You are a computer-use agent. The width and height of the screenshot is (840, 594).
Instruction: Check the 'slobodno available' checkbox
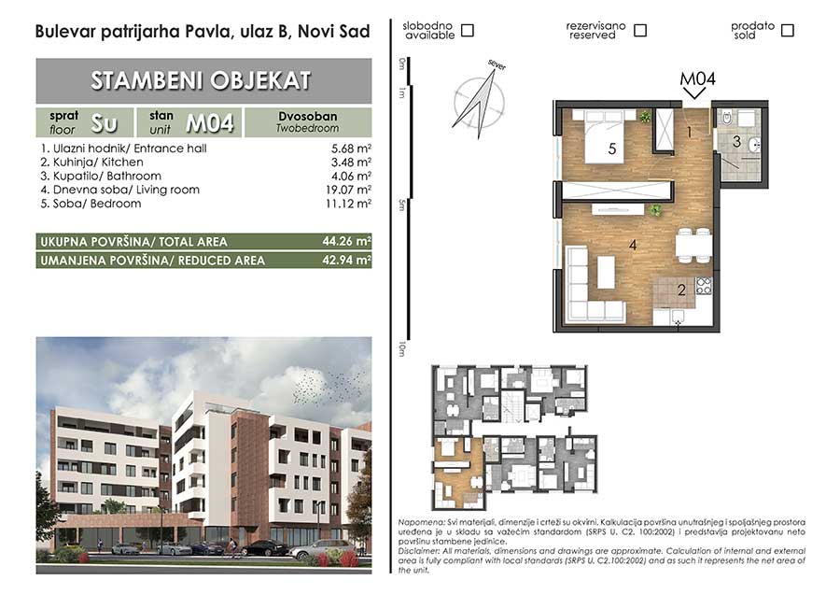click(468, 31)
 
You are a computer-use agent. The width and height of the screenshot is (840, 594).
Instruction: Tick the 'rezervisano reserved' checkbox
click(639, 31)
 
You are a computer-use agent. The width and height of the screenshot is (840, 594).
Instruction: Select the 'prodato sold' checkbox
click(787, 31)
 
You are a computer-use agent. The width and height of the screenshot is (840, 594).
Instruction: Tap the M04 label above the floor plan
click(697, 78)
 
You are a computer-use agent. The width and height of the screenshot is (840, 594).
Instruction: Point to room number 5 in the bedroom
click(612, 149)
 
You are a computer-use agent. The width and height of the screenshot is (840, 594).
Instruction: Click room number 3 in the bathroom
click(736, 142)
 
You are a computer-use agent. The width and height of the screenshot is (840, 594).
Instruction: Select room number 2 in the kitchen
click(681, 290)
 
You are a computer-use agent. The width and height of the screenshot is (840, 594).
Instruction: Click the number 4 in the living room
click(633, 245)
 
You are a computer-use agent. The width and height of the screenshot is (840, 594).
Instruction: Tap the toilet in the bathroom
click(727, 118)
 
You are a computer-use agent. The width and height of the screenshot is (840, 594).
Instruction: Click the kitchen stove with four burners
click(704, 287)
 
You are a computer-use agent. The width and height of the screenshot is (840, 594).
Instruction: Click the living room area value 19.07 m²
click(349, 190)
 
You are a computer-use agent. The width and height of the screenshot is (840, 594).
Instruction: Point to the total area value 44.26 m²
click(346, 241)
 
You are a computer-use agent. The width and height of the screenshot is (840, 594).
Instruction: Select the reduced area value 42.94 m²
click(346, 261)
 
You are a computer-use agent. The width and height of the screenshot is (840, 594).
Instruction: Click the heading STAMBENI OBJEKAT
click(201, 81)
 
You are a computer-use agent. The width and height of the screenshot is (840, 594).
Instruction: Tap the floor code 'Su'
click(104, 123)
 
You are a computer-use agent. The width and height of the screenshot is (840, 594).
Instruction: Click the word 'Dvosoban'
click(307, 117)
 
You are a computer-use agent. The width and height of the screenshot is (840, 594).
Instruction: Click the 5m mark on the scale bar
click(401, 205)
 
